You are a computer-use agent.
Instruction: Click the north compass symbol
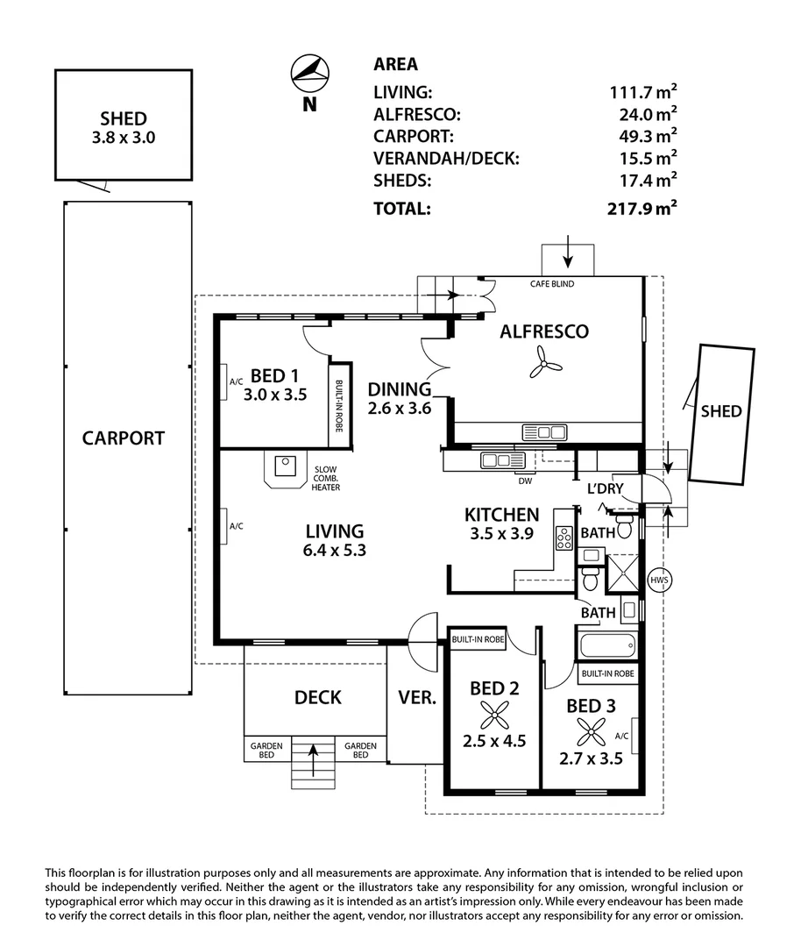click(309, 72)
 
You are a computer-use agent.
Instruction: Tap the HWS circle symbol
click(659, 580)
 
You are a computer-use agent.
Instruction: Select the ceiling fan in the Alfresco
click(545, 362)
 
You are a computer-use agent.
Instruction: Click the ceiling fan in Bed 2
click(494, 716)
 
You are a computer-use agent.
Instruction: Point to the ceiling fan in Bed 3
click(591, 732)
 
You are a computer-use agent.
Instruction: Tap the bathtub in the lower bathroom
click(607, 645)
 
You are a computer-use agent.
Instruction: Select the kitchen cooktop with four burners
click(564, 538)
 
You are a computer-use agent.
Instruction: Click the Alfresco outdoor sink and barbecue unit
click(544, 432)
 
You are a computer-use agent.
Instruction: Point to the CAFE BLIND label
click(552, 284)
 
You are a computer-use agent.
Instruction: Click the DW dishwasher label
click(525, 481)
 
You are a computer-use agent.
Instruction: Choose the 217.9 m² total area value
click(642, 208)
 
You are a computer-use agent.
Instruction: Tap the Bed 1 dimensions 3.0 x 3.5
click(275, 395)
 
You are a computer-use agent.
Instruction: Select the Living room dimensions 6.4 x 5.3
click(334, 550)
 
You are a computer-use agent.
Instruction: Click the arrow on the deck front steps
click(313, 759)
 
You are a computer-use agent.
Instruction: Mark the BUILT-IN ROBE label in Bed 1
click(339, 406)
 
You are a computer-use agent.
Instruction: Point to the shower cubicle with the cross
click(622, 573)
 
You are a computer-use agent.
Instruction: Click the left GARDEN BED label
click(266, 750)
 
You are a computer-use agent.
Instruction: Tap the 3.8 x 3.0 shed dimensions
click(124, 138)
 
